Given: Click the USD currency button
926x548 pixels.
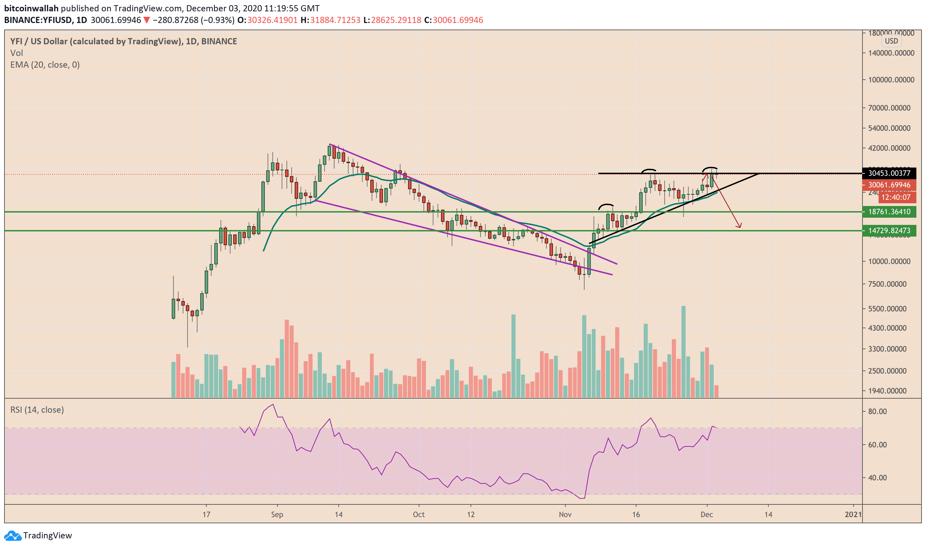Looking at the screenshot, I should (891, 41).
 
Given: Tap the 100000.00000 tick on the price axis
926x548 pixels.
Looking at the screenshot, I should (891, 80).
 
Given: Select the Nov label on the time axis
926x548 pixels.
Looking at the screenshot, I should (565, 514).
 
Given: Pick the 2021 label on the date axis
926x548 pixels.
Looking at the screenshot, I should (853, 514).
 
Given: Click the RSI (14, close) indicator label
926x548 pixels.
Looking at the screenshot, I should (37, 410).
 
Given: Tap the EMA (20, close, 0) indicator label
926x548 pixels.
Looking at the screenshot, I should (45, 65).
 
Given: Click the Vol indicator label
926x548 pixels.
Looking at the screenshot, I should (16, 53).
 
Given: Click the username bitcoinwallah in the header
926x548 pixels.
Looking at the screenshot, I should (31, 8).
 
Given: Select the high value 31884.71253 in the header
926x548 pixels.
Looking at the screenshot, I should (335, 20).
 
